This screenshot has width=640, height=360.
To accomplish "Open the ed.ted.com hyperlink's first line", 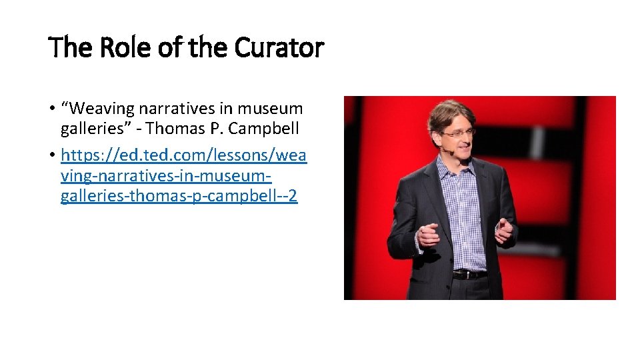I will coord(183,155).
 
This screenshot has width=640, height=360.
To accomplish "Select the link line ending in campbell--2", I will coord(179,197).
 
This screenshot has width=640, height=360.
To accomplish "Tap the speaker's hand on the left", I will coord(427,235).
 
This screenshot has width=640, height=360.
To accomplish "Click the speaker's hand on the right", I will coord(505,230).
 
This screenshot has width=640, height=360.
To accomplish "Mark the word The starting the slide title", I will coord(65,48).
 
